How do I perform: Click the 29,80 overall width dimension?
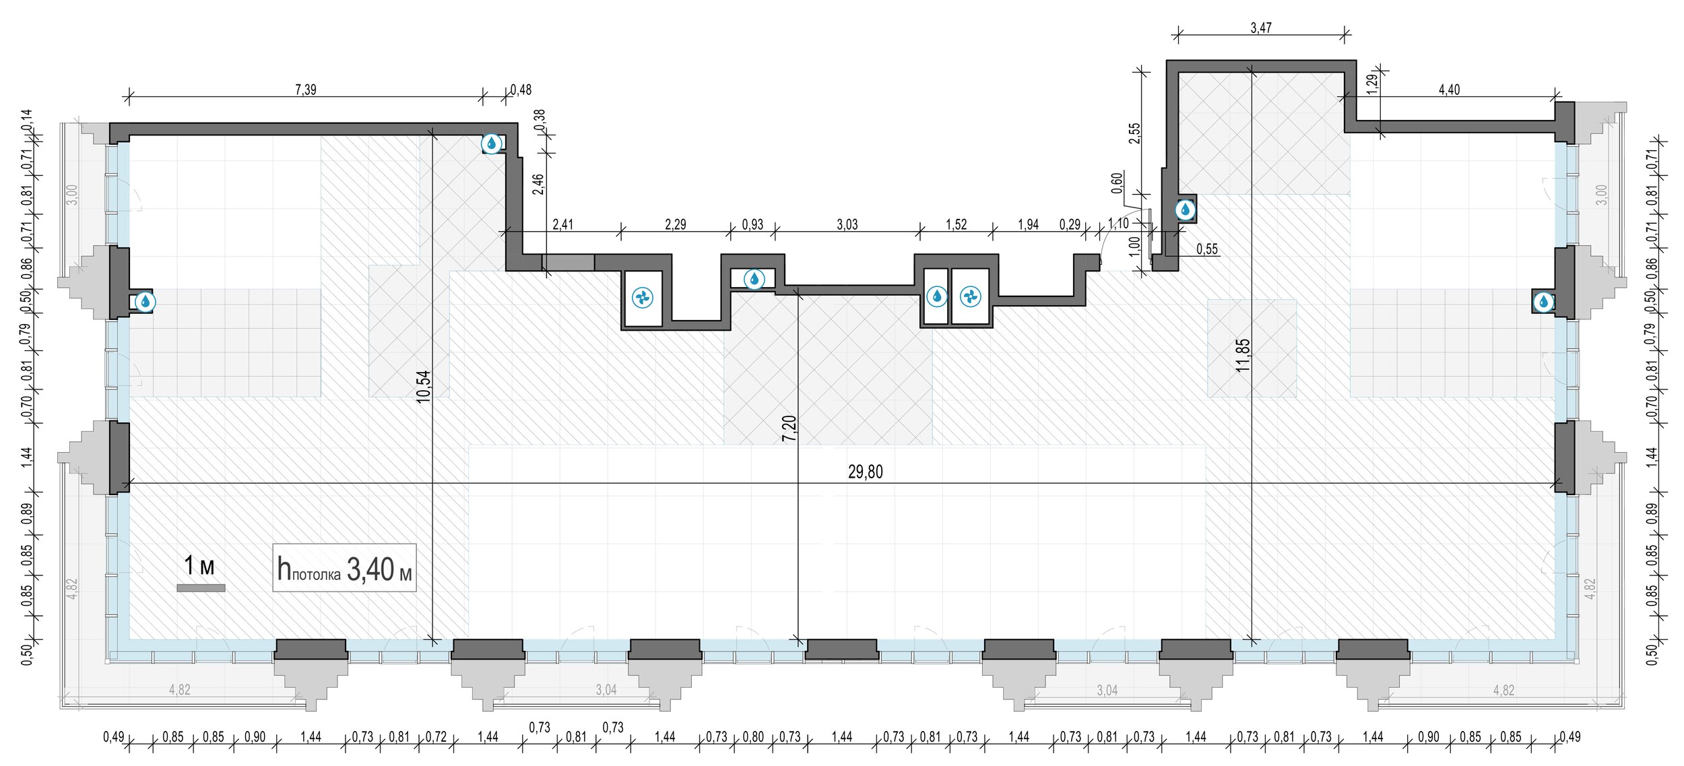[x=865, y=472]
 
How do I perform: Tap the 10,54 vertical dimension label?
[x=423, y=387]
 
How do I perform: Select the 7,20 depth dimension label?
[x=789, y=428]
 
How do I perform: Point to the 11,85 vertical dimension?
[x=1243, y=355]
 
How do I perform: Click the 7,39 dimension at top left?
[x=306, y=90]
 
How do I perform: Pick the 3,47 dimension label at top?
[x=1261, y=28]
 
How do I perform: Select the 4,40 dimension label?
[x=1449, y=90]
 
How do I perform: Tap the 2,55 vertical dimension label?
[x=1135, y=133]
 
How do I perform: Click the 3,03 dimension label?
[x=847, y=224]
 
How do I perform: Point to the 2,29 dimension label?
[x=676, y=224]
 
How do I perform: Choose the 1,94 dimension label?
[x=1029, y=224]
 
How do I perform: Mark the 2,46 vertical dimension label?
[x=538, y=184]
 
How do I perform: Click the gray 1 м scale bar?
[x=201, y=588]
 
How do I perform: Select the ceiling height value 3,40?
[x=370, y=570]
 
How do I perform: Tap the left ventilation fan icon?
[x=643, y=297]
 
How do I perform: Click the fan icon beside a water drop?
[x=971, y=296]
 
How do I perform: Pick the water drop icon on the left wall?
[x=145, y=302]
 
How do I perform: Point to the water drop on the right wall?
[x=1543, y=302]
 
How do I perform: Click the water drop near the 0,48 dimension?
[x=492, y=143]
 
